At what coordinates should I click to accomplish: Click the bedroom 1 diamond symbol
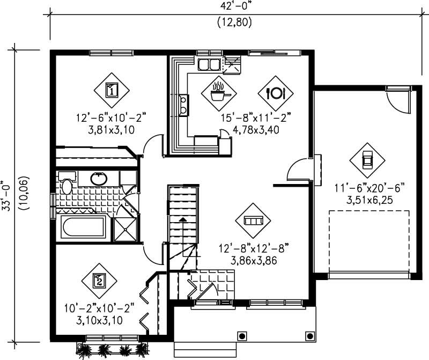(x=111, y=90)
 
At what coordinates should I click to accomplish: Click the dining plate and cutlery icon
(x=276, y=92)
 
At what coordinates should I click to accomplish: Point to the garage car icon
(x=367, y=159)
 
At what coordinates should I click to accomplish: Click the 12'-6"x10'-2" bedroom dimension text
(x=111, y=116)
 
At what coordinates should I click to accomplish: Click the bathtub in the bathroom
(x=83, y=227)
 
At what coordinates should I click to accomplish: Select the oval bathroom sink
(x=98, y=179)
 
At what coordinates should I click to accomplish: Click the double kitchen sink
(x=209, y=65)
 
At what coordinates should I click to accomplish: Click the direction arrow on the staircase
(x=182, y=220)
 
